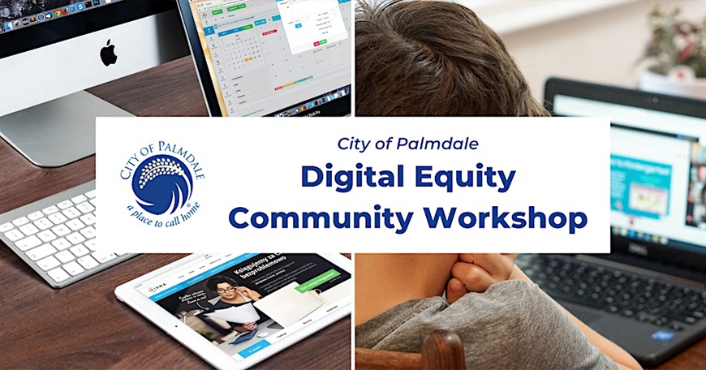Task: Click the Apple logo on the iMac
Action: (108, 54)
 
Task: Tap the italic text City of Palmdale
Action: (407, 144)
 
